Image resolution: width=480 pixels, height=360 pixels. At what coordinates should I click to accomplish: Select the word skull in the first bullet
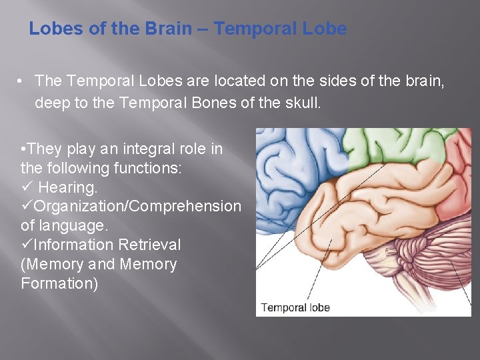click(302, 103)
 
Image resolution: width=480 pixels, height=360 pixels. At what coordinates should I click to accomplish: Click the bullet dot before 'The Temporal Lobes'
click(22, 81)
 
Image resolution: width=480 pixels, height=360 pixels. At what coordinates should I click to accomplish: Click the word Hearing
click(68, 187)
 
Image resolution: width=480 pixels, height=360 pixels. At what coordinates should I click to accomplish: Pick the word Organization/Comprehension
click(137, 207)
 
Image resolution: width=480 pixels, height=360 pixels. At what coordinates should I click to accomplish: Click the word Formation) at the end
click(59, 283)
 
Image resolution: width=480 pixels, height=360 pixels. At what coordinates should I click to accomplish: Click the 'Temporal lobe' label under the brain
click(295, 307)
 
